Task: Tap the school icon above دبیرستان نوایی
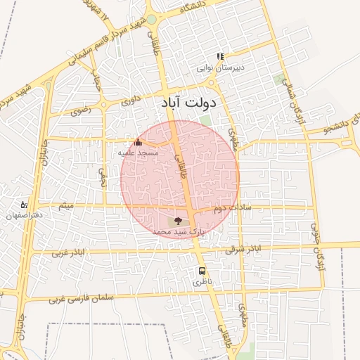220,57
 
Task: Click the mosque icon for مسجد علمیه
137,143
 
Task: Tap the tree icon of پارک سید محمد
177,221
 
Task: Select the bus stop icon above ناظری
202,271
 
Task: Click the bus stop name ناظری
202,281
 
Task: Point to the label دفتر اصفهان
24,215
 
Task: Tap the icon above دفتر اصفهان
25,204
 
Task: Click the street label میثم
66,205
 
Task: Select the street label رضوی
80,110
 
